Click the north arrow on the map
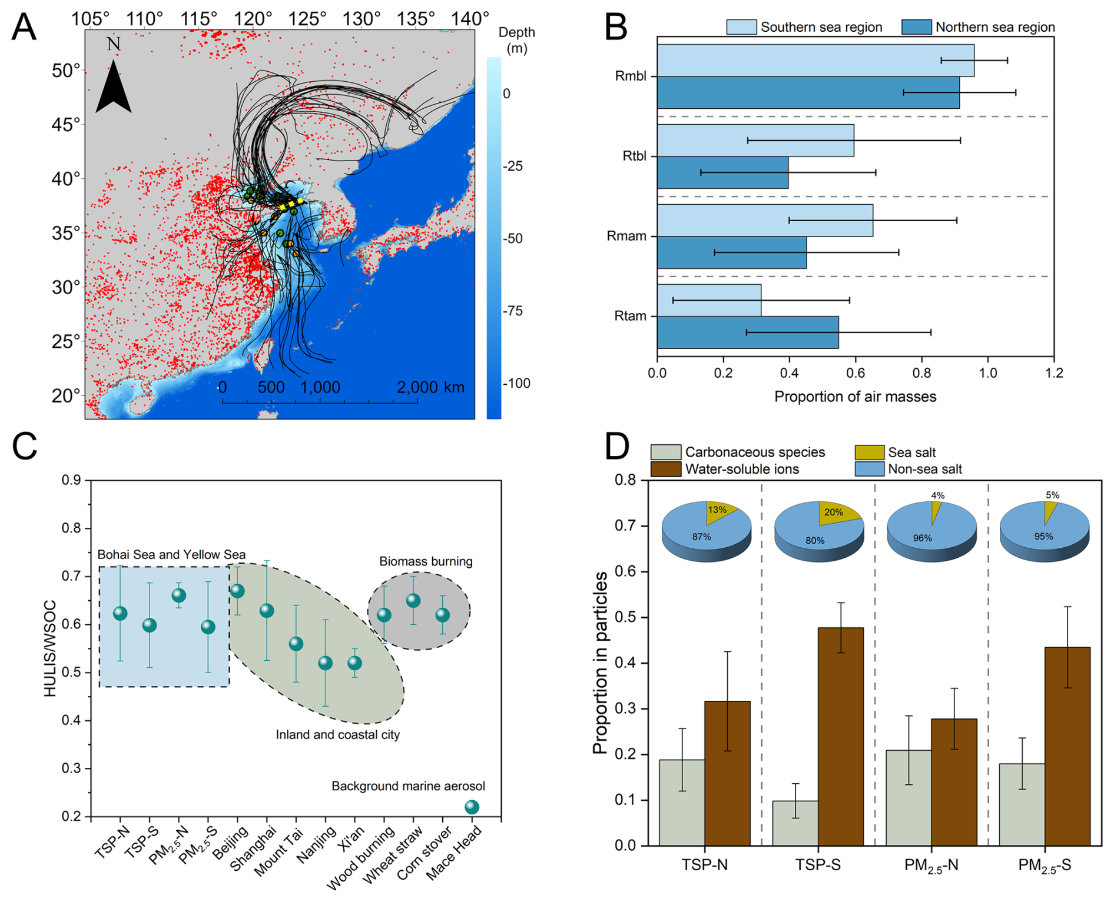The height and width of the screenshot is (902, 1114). [113, 88]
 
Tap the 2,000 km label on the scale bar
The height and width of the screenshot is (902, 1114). [430, 387]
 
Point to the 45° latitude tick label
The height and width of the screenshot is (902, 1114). [66, 125]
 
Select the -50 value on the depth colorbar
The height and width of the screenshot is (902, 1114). [512, 238]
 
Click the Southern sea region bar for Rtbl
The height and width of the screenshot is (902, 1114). [755, 140]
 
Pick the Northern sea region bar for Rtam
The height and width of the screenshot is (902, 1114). [748, 332]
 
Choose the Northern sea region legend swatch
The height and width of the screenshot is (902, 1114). [916, 27]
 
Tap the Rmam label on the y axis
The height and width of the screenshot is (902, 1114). [626, 237]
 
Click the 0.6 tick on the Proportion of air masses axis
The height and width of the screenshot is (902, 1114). [856, 373]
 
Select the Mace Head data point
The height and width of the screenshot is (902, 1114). [472, 807]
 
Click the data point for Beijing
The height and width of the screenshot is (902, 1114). [237, 591]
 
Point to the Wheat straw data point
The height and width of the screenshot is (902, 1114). [413, 601]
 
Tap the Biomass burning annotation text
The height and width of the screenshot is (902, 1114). [426, 561]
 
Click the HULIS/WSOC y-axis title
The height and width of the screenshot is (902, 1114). [51, 648]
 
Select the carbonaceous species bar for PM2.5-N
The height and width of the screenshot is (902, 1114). [909, 798]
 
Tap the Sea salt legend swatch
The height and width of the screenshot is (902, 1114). [869, 452]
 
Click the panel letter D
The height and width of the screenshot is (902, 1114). [617, 447]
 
